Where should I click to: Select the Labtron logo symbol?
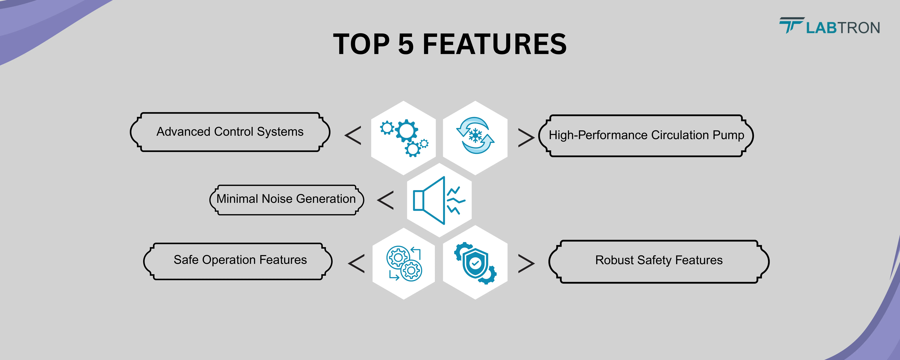pyautogui.click(x=792, y=25)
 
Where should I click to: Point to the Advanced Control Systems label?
pyautogui.click(x=230, y=132)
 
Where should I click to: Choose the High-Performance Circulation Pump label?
pyautogui.click(x=646, y=135)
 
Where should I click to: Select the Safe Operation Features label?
pyautogui.click(x=240, y=260)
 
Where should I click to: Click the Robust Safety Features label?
pyautogui.click(x=659, y=260)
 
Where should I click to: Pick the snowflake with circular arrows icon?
pyautogui.click(x=475, y=135)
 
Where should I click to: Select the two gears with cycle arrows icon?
pyautogui.click(x=404, y=264)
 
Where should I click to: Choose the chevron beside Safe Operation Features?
pyautogui.click(x=356, y=264)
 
